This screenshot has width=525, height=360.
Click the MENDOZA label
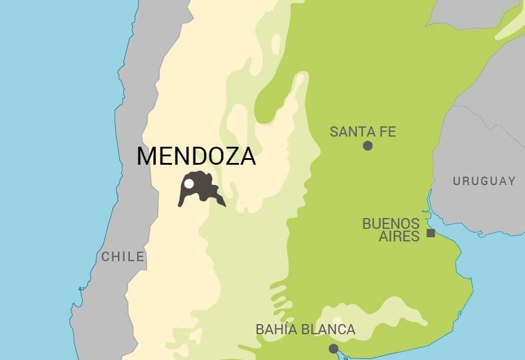click(196, 156)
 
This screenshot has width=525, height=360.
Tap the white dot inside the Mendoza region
click(189, 184)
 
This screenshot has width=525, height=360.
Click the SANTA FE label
click(363, 132)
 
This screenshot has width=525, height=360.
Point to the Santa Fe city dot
click(368, 146)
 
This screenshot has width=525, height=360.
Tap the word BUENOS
click(391, 224)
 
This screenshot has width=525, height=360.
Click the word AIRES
click(399, 237)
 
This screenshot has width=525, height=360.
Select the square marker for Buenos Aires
click(430, 233)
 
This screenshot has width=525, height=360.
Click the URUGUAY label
click(484, 181)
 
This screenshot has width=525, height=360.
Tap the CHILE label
click(123, 257)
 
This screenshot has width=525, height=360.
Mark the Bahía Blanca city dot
click(333, 349)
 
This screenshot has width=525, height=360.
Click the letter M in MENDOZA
click(146, 156)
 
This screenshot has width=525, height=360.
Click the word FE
click(388, 132)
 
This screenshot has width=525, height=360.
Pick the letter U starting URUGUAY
click(457, 181)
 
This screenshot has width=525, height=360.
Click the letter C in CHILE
click(105, 257)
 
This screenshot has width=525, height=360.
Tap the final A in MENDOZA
click(248, 156)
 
